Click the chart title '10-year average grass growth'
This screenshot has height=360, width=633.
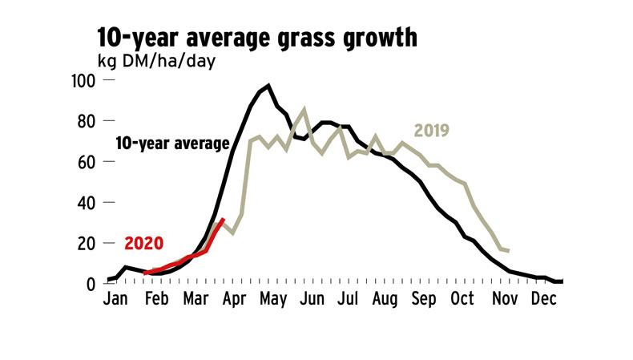pos(256,38)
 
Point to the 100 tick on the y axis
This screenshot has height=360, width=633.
pos(84,81)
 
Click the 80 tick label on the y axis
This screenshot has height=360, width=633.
pos(87,122)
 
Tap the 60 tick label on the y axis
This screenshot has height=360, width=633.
pos(87,162)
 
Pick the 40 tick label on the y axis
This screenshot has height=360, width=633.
pos(87,203)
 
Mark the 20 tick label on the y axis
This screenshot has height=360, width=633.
pos(87,243)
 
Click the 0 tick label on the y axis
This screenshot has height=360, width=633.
pos(91,284)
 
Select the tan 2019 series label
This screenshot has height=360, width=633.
pos(433,131)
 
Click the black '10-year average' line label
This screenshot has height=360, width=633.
pos(173,144)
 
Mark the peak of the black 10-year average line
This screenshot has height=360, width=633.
pos(268,85)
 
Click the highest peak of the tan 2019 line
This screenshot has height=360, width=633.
pos(304,108)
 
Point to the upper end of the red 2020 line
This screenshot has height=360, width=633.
pos(223,220)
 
